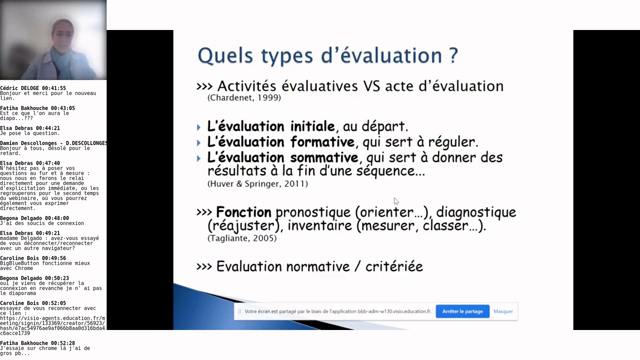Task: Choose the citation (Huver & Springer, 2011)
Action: point(258,185)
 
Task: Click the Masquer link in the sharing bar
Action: point(503,311)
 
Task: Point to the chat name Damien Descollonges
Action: point(40,144)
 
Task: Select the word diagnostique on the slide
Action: point(474,212)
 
